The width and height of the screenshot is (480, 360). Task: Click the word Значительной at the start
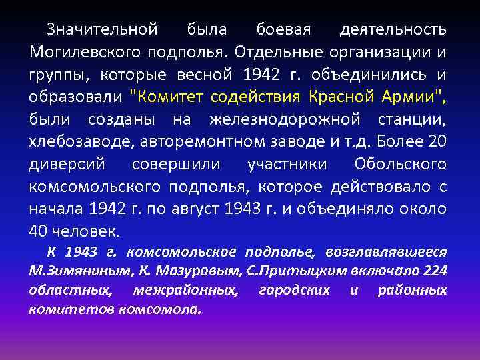pos(102,29)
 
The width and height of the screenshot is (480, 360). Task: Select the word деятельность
pos(393,29)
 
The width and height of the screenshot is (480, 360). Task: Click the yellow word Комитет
pos(167,97)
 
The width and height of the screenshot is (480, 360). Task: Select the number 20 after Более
pos(438,143)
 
